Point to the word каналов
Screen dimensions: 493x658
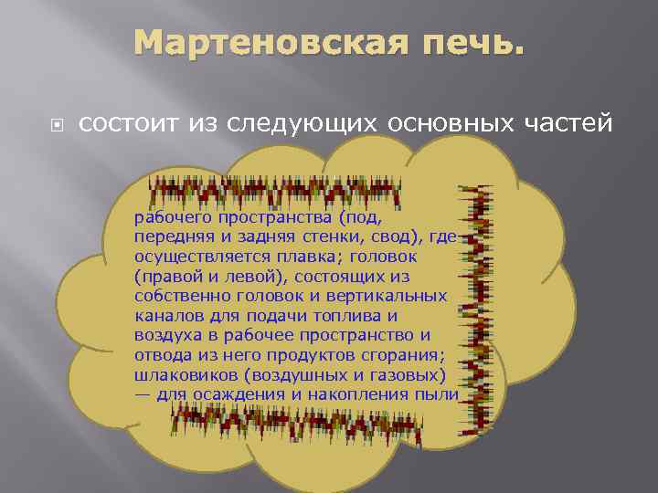(166, 316)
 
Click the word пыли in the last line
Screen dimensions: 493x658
(438, 394)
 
